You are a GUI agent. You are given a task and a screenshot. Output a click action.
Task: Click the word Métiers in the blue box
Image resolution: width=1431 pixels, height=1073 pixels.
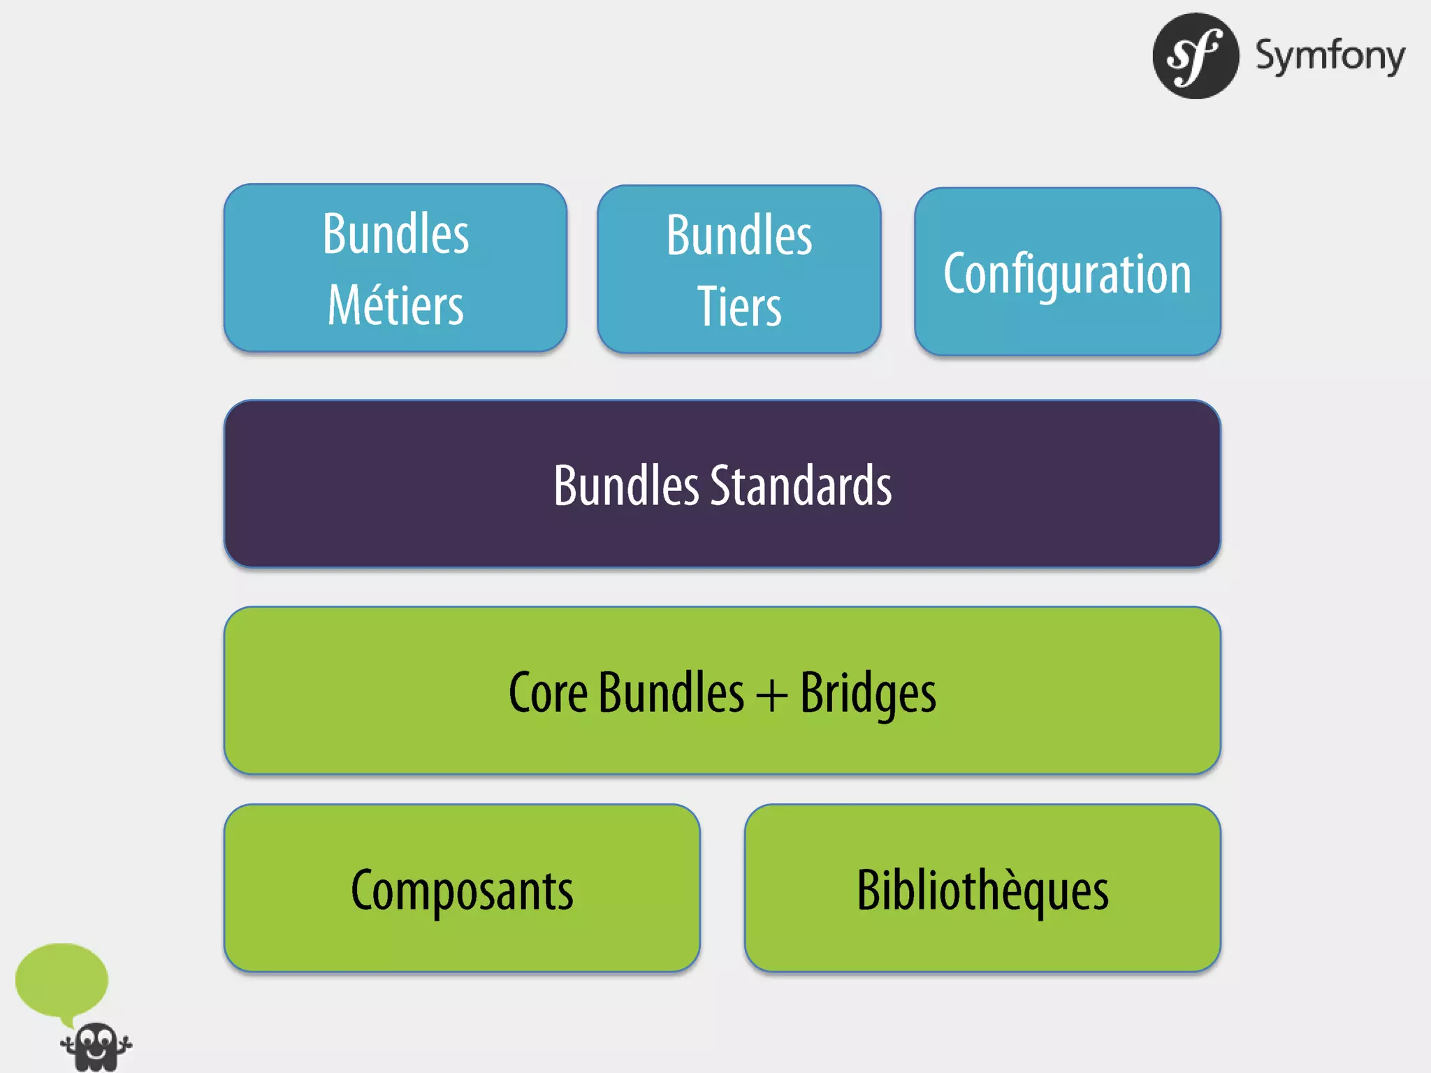(395, 306)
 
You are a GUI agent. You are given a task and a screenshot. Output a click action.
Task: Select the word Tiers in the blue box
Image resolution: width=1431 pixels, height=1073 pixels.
(739, 307)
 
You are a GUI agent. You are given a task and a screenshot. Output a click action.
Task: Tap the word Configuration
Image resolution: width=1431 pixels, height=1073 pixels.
(1067, 274)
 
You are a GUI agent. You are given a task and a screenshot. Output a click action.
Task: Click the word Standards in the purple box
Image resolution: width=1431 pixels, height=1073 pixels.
(801, 486)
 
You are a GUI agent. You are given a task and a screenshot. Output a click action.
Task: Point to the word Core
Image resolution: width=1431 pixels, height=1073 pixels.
(548, 693)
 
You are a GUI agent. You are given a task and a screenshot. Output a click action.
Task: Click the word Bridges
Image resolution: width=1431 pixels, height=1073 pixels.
(868, 693)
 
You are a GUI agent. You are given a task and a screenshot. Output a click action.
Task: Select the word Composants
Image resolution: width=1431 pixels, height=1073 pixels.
(462, 891)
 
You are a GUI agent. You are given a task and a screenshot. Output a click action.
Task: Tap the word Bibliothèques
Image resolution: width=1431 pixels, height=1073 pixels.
(982, 891)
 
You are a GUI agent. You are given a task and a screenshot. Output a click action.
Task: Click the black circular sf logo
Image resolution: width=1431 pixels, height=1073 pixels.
(1196, 56)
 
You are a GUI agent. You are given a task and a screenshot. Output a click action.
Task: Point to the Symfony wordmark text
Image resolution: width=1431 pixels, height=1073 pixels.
(1330, 56)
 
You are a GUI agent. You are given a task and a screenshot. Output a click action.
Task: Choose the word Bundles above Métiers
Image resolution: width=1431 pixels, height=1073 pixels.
(395, 234)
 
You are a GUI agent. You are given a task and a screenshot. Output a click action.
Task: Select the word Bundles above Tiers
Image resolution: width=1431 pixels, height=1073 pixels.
(739, 235)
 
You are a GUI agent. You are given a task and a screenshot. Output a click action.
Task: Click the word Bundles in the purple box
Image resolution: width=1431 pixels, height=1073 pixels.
(626, 486)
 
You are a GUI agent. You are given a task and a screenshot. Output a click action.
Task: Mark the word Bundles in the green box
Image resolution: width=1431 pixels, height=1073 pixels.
(671, 693)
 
